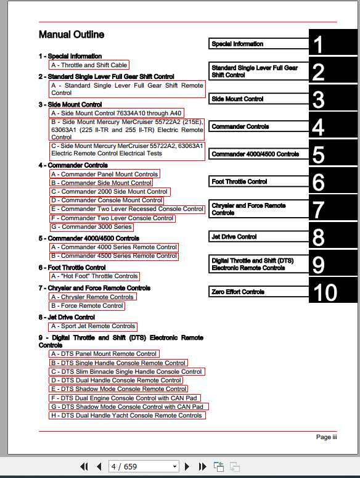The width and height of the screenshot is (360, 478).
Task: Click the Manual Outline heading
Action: click(71, 35)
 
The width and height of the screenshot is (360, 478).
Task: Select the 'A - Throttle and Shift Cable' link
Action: click(89, 65)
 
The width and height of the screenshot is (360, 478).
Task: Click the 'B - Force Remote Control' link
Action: click(87, 305)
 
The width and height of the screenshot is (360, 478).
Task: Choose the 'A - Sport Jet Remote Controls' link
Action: click(93, 326)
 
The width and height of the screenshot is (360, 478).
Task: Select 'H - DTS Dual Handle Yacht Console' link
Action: click(127, 415)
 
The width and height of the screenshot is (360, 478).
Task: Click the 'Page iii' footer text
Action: click(326, 437)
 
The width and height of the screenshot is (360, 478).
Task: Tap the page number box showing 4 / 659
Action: click(143, 466)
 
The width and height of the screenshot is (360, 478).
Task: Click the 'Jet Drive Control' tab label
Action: click(234, 236)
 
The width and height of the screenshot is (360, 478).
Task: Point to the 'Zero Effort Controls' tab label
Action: click(238, 292)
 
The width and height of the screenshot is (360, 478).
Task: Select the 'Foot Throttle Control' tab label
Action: click(239, 181)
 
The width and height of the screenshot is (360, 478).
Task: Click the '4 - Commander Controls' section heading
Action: click(73, 165)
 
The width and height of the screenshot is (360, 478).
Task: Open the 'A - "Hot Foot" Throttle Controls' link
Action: click(95, 276)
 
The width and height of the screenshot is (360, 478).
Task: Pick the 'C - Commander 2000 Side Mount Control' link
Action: click(110, 191)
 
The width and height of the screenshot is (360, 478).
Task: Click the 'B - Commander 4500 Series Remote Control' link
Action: click(114, 255)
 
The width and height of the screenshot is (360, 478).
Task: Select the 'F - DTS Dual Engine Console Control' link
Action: click(126, 398)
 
